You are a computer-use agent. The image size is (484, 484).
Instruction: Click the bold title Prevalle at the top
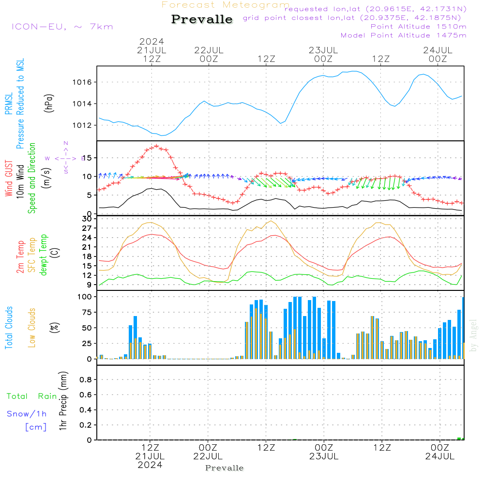(202, 19)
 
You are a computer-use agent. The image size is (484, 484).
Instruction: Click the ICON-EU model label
(62, 27)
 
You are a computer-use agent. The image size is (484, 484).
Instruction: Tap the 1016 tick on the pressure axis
(86, 82)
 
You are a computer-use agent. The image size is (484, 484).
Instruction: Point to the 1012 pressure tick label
(86, 125)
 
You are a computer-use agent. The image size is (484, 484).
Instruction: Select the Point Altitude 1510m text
(418, 27)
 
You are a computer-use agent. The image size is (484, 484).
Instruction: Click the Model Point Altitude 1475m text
(403, 35)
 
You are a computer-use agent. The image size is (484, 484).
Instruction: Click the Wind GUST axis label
(9, 179)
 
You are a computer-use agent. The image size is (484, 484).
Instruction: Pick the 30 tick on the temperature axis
(87, 219)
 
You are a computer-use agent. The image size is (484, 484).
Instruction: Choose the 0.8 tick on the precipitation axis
(86, 379)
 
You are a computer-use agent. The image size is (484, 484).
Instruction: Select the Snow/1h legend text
(27, 414)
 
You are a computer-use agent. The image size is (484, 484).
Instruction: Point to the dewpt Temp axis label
(44, 255)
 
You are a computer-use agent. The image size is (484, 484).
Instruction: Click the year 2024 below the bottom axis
(150, 465)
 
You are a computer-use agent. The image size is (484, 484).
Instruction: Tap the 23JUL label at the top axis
(323, 50)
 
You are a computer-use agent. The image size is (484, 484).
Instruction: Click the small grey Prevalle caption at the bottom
(225, 468)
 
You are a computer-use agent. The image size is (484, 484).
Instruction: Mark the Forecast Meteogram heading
(226, 5)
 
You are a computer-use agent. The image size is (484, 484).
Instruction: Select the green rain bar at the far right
(459, 439)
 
